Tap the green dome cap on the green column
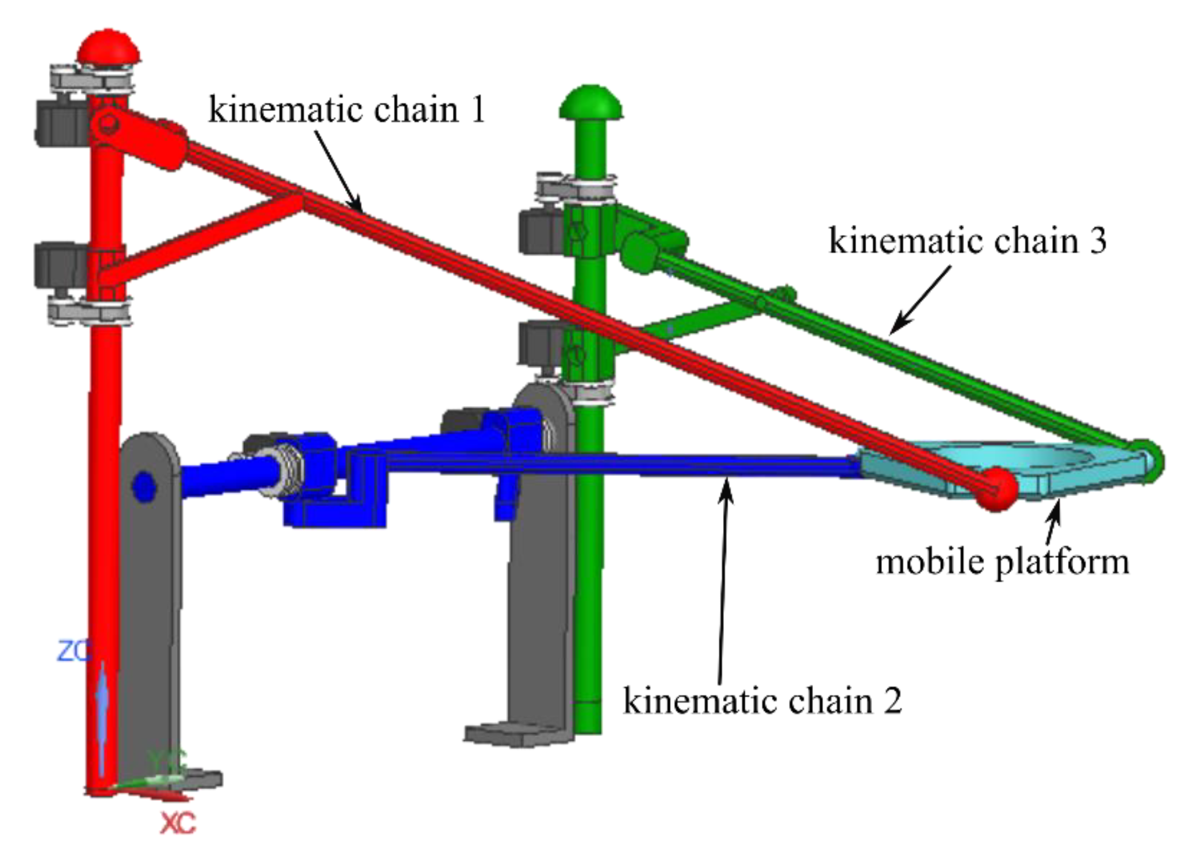(591, 103)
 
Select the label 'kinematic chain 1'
(347, 110)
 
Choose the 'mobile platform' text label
(1003, 562)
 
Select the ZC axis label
(74, 652)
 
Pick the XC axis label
(178, 822)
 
